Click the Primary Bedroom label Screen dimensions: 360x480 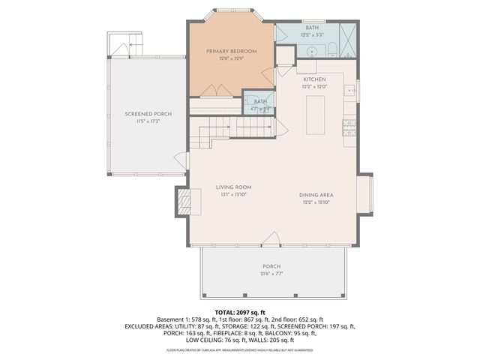pos(232,51)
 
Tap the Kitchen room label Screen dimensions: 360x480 pos(315,79)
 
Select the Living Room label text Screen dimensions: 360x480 pos(233,187)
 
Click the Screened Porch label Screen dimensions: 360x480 pos(148,113)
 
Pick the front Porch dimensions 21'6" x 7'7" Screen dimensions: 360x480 pos(271,274)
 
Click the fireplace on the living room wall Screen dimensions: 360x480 pos(184,201)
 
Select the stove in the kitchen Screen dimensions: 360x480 pos(349,128)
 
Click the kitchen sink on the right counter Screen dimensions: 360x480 pos(350,91)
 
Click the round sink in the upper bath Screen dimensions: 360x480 pos(312,52)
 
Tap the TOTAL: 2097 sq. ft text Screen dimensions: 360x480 pos(239,311)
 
